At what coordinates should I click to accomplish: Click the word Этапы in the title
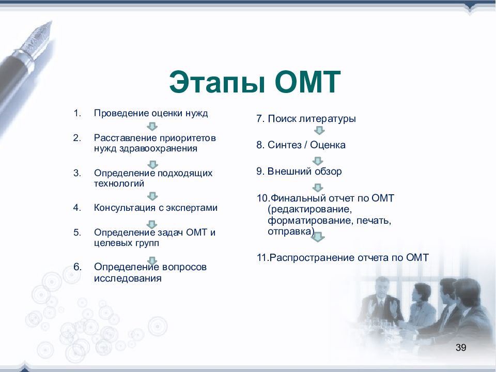click(x=216, y=82)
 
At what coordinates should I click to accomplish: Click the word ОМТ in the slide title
click(x=307, y=82)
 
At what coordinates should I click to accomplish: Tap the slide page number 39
click(x=461, y=347)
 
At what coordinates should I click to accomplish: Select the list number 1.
click(x=77, y=113)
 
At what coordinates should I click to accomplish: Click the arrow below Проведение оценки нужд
click(x=152, y=127)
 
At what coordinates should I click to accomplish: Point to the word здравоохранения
click(x=158, y=148)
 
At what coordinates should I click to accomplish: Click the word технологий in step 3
click(x=119, y=183)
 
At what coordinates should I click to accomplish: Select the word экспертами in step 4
click(x=192, y=208)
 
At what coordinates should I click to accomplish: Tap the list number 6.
click(x=78, y=267)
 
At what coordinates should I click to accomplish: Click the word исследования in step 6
click(x=128, y=278)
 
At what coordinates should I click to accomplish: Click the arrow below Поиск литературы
click(x=319, y=130)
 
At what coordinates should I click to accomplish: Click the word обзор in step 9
click(x=328, y=171)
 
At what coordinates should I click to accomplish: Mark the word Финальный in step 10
click(x=298, y=198)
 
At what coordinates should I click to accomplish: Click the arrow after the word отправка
click(x=318, y=237)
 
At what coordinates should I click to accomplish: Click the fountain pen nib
click(x=37, y=40)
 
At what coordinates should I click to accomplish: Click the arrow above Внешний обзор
click(x=318, y=161)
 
